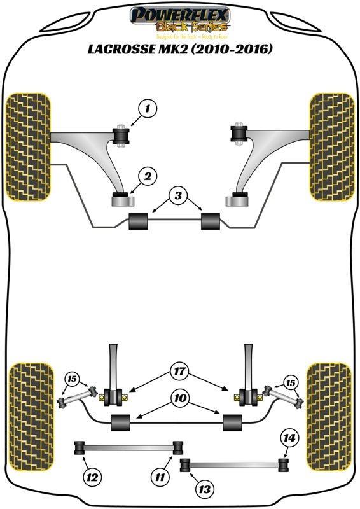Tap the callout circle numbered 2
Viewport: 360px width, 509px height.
point(146,176)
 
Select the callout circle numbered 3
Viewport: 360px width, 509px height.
point(179,196)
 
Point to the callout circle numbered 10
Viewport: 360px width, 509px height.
point(179,400)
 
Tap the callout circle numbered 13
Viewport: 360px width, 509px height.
point(205,489)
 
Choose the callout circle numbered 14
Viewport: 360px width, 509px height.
point(289,438)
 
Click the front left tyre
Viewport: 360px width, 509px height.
point(27,147)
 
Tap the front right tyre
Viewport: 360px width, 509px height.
point(331,147)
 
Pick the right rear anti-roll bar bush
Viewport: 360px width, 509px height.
point(233,421)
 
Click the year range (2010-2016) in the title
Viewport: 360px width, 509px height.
point(231,48)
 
